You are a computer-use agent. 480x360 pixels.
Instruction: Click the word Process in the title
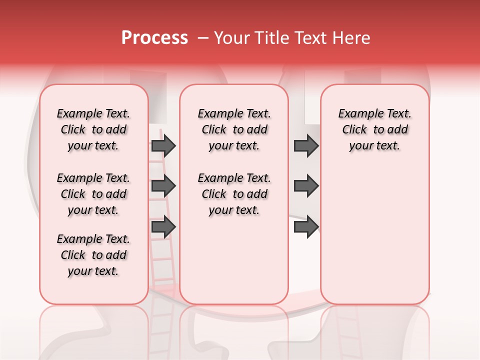154,38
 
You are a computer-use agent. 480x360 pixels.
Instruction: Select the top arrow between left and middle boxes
163,145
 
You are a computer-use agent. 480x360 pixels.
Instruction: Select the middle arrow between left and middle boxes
163,186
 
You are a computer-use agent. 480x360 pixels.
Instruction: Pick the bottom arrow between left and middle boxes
163,227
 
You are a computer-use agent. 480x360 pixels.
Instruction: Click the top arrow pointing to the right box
306,145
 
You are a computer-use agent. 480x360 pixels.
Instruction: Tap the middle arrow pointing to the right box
306,186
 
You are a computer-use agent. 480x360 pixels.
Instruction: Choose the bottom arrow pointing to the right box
306,227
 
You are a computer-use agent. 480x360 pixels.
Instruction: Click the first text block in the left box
93,129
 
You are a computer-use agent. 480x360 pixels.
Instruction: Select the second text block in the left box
93,194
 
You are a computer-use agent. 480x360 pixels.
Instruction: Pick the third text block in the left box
93,255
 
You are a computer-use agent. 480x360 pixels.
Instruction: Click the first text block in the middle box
234,129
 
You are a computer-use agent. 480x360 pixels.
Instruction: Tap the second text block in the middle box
234,194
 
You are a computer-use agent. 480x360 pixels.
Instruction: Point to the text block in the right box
374,129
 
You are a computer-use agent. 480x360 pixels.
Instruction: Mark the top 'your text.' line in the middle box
234,145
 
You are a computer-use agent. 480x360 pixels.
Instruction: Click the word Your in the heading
232,38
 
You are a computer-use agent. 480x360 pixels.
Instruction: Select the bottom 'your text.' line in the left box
93,271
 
